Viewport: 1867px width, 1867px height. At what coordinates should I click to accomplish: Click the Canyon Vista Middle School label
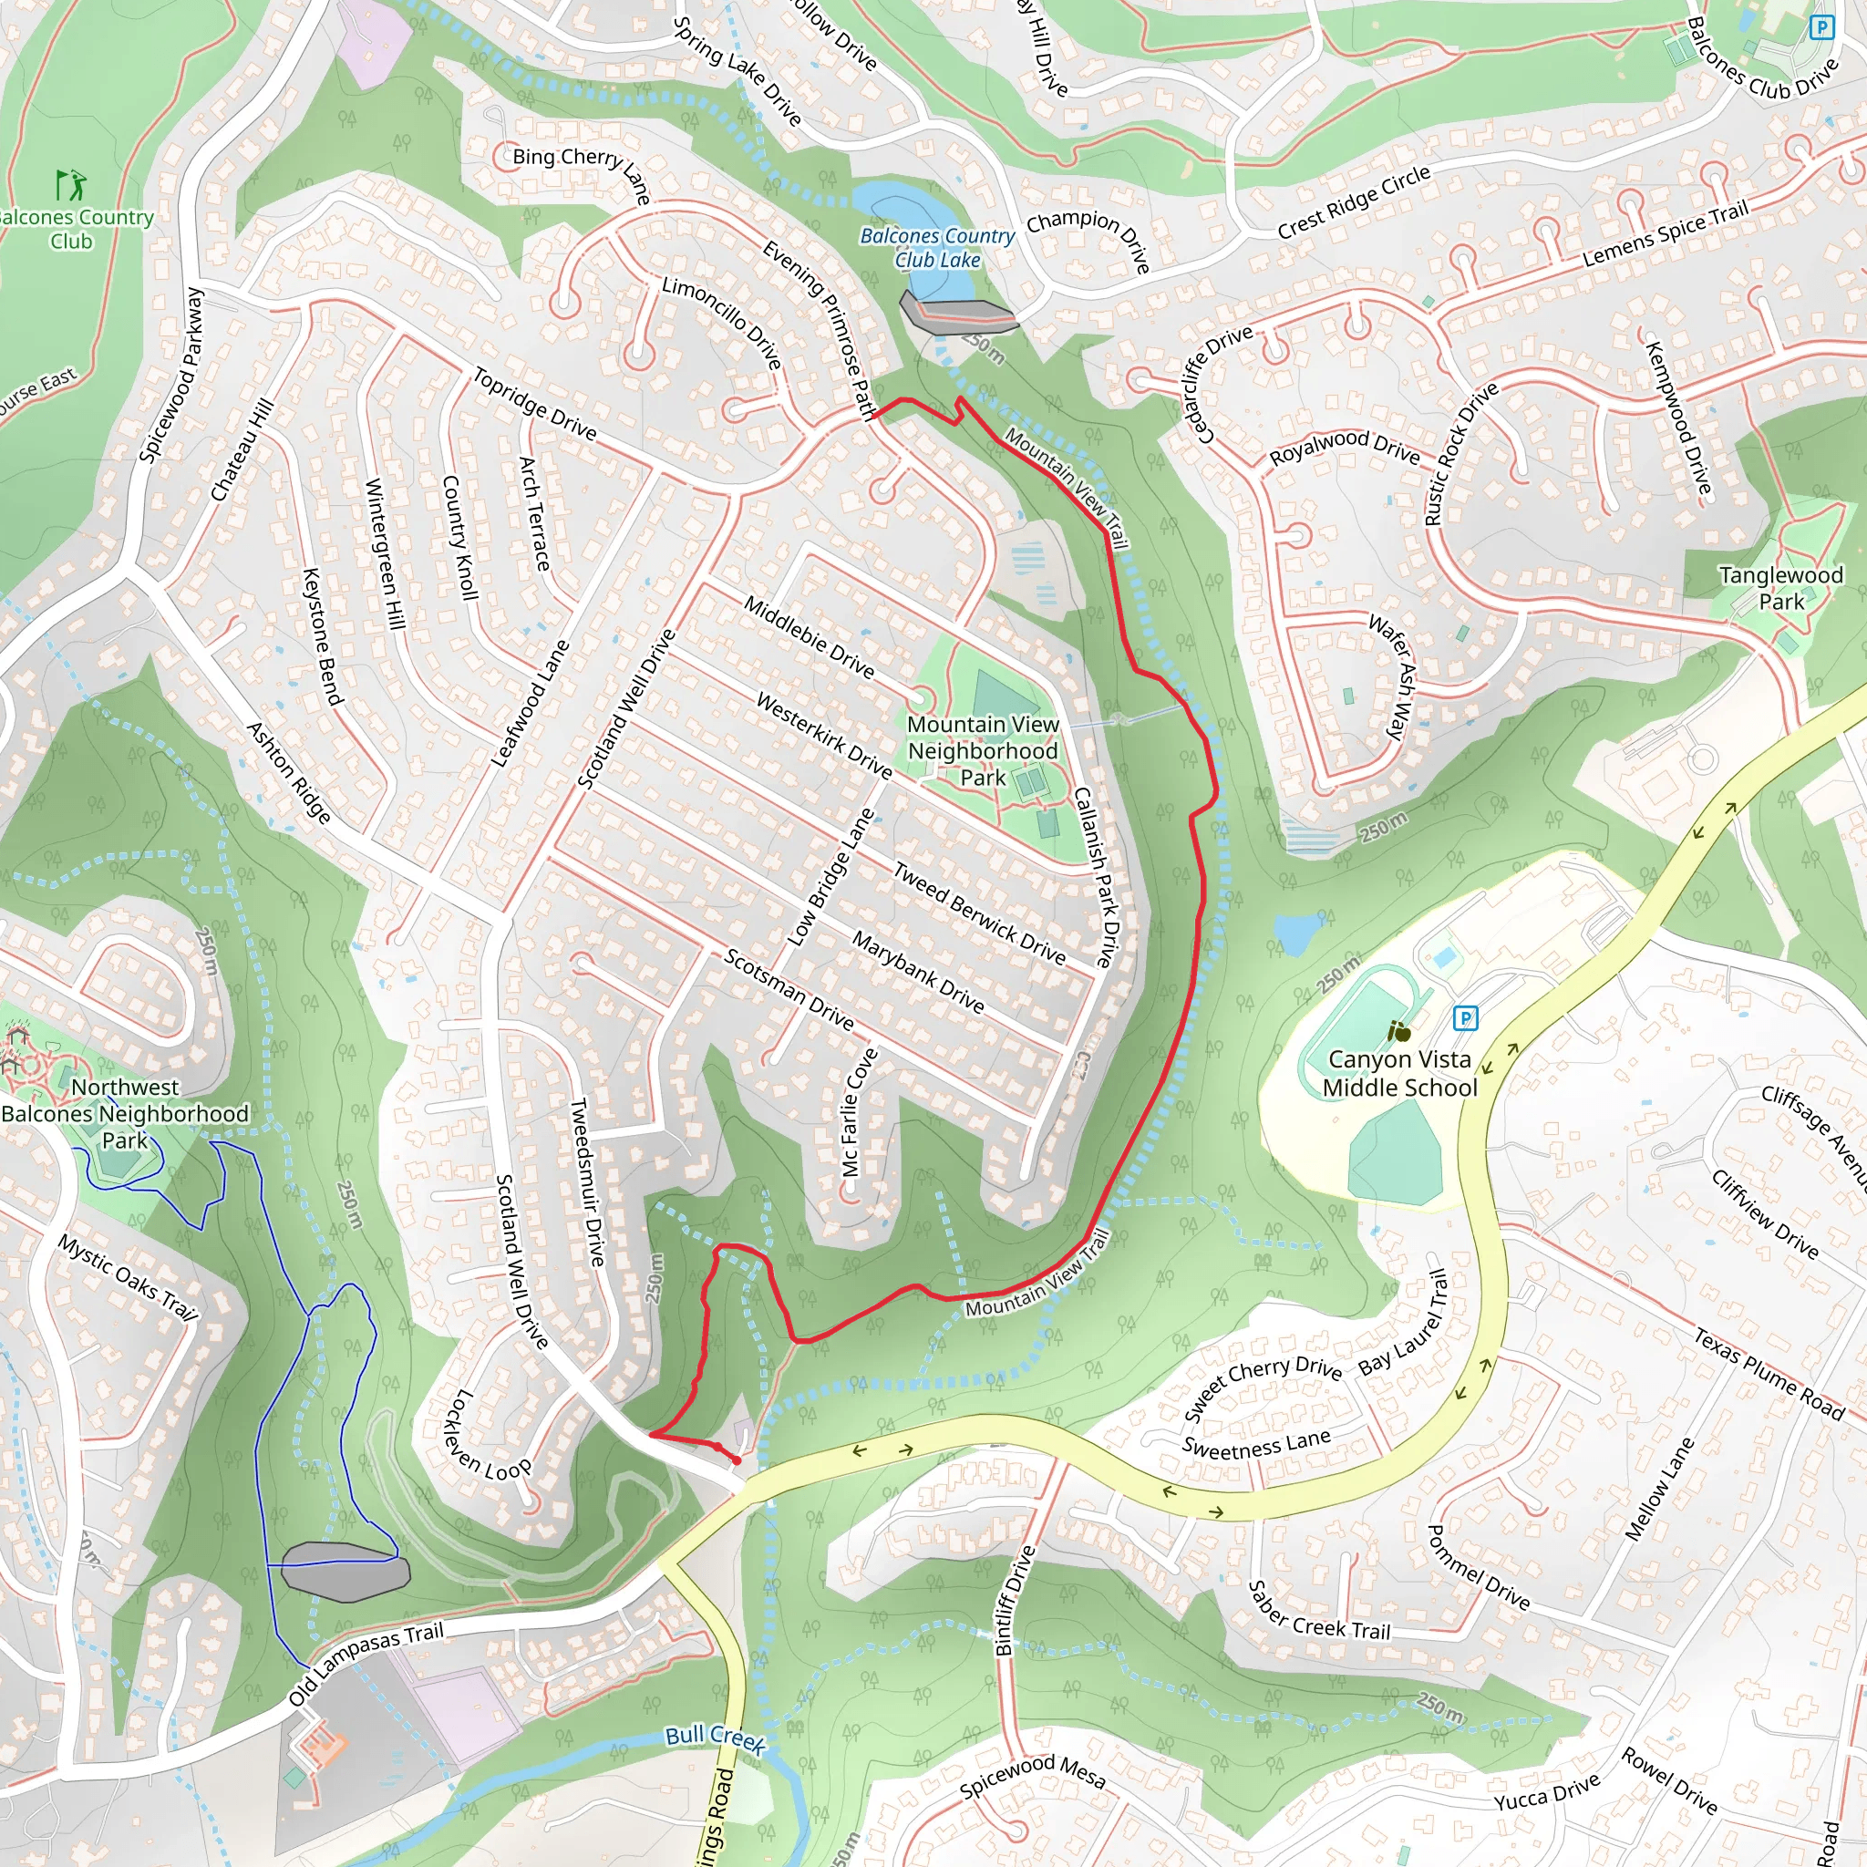[x=1399, y=1074]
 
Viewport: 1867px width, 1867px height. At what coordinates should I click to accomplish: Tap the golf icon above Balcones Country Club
[x=70, y=183]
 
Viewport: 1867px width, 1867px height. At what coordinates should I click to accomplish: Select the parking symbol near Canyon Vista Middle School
[x=1466, y=1017]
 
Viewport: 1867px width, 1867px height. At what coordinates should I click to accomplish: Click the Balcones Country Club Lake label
[x=936, y=247]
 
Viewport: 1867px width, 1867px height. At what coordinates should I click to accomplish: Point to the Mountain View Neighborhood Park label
[x=983, y=751]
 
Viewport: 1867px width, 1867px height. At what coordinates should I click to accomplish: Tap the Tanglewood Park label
[x=1780, y=588]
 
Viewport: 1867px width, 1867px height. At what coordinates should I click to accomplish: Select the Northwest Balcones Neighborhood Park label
[x=125, y=1113]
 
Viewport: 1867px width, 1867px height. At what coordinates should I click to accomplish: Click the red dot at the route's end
[x=738, y=1460]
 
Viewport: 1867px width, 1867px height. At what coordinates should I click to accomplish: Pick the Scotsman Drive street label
[x=789, y=989]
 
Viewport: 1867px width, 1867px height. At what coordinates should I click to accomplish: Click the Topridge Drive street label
[x=534, y=404]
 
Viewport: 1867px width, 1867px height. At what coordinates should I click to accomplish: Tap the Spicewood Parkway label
[x=171, y=375]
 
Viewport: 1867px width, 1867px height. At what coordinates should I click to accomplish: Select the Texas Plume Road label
[x=1769, y=1373]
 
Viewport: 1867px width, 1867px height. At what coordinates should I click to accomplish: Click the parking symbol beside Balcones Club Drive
[x=1821, y=27]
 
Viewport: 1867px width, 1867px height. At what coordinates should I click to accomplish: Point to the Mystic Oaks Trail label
[x=128, y=1278]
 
